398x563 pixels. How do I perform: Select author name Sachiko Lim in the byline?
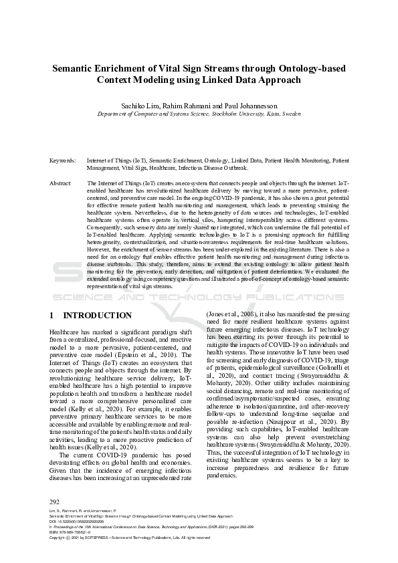point(159,106)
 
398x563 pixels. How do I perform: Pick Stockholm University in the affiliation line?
point(226,114)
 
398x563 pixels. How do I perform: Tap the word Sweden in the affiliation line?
point(288,114)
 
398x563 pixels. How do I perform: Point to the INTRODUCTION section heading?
point(97,315)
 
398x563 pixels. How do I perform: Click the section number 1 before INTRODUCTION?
point(52,315)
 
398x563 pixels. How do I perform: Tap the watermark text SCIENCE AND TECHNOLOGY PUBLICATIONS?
point(199,296)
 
